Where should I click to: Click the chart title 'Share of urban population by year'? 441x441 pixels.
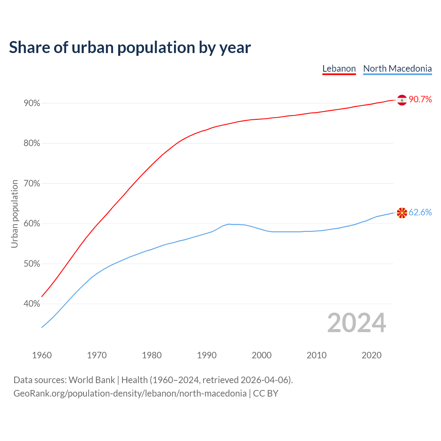130,48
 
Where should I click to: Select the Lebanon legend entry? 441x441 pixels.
339,69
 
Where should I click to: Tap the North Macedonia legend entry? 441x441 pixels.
397,69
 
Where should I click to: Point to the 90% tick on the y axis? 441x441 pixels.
32,103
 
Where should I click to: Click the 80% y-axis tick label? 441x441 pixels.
32,143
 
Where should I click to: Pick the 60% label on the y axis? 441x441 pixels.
32,224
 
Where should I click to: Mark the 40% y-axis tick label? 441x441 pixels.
32,304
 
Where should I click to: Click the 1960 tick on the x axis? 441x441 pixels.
42,355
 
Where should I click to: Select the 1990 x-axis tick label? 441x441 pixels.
207,355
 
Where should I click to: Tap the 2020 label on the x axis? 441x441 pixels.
371,355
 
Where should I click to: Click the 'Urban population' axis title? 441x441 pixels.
14,214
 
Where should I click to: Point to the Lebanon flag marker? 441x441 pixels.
402,100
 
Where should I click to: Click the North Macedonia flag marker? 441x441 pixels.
402,213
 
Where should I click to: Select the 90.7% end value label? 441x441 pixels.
420,100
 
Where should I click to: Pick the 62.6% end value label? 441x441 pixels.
420,213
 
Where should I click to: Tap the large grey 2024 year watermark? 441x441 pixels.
357,323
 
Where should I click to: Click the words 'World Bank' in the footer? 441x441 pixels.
92,380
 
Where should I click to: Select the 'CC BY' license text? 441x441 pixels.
266,393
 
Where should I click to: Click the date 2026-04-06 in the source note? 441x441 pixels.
264,380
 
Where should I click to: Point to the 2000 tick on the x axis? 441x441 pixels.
261,355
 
